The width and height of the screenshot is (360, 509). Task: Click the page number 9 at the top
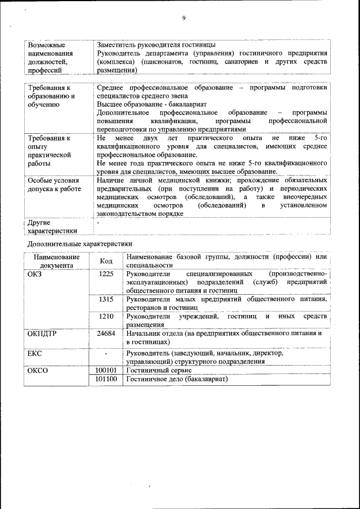tap(183, 18)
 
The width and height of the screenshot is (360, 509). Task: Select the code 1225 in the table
tap(106, 274)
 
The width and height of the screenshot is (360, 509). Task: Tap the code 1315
tap(106, 299)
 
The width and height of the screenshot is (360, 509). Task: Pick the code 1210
tap(106, 317)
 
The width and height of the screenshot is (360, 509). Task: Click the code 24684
tap(106, 334)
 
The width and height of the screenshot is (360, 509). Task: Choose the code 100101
tap(106, 371)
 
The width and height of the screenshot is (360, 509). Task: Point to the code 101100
tap(106, 380)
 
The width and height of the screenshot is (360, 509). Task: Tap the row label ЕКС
tap(35, 353)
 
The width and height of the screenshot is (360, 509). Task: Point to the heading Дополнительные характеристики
tap(80, 244)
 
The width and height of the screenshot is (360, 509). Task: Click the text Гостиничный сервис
tap(159, 371)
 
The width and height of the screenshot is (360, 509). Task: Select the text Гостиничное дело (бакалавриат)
tap(177, 380)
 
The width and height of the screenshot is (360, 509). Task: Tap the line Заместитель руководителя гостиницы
tap(156, 44)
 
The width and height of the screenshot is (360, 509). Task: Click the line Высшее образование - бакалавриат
tap(152, 105)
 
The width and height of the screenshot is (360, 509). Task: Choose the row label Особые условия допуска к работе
tap(53, 185)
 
